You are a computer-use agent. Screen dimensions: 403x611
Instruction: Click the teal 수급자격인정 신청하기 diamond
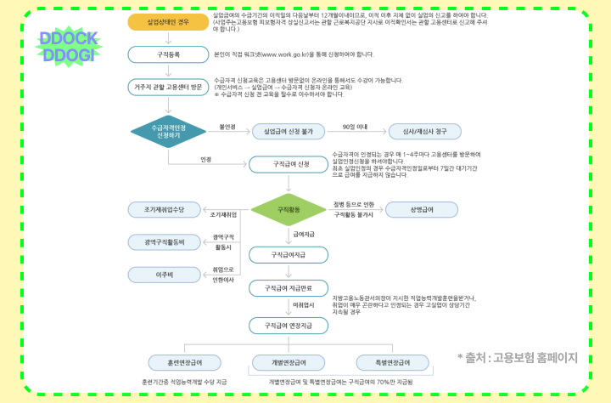(168, 131)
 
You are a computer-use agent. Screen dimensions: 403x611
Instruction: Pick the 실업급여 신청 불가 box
(289, 132)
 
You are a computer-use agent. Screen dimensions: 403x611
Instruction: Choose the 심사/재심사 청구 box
(424, 132)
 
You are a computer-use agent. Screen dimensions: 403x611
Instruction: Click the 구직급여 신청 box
(289, 163)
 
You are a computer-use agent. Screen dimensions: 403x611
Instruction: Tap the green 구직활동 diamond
(289, 209)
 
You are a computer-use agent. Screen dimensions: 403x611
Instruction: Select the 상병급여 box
(421, 209)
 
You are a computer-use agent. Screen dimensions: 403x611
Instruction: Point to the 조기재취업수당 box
(163, 209)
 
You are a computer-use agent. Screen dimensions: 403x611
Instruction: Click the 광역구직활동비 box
(163, 242)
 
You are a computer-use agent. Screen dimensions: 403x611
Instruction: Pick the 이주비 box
(163, 274)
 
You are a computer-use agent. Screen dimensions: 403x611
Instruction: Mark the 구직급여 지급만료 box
(289, 288)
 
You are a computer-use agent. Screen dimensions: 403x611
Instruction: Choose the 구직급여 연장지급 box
(289, 325)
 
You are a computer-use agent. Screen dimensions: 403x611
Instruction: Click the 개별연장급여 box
(289, 361)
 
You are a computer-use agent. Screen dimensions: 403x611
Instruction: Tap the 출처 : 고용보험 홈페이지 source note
(517, 358)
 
